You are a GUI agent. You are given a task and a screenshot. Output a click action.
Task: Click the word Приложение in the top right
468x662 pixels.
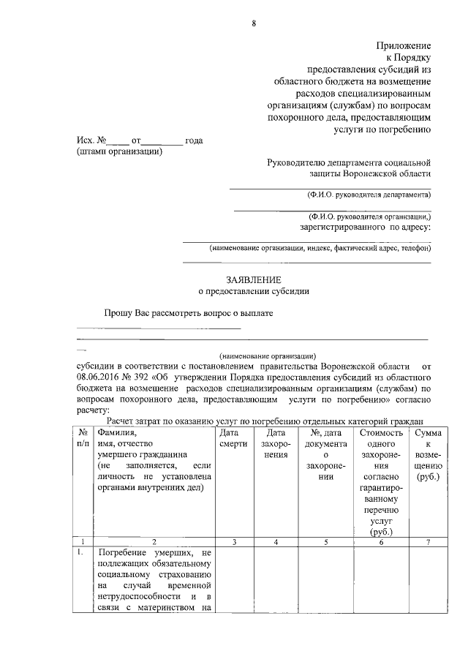coord(403,45)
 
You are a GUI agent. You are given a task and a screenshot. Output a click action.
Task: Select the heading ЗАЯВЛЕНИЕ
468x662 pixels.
coord(254,279)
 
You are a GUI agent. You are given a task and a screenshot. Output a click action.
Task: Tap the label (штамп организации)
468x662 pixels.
coord(119,151)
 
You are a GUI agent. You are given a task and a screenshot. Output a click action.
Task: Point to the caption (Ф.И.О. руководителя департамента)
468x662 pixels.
coord(369,195)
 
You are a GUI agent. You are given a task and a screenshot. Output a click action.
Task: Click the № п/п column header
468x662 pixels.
coord(83,439)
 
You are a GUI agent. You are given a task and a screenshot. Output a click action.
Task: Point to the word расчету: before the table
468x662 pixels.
coord(92,411)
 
